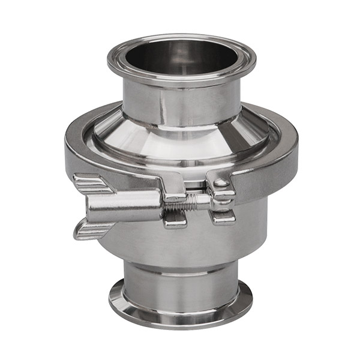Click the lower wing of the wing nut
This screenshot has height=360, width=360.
pyautogui.click(x=91, y=230)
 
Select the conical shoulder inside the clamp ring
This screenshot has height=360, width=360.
pyautogui.click(x=180, y=141)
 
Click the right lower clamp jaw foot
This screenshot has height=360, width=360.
pyautogui.click(x=224, y=217)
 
